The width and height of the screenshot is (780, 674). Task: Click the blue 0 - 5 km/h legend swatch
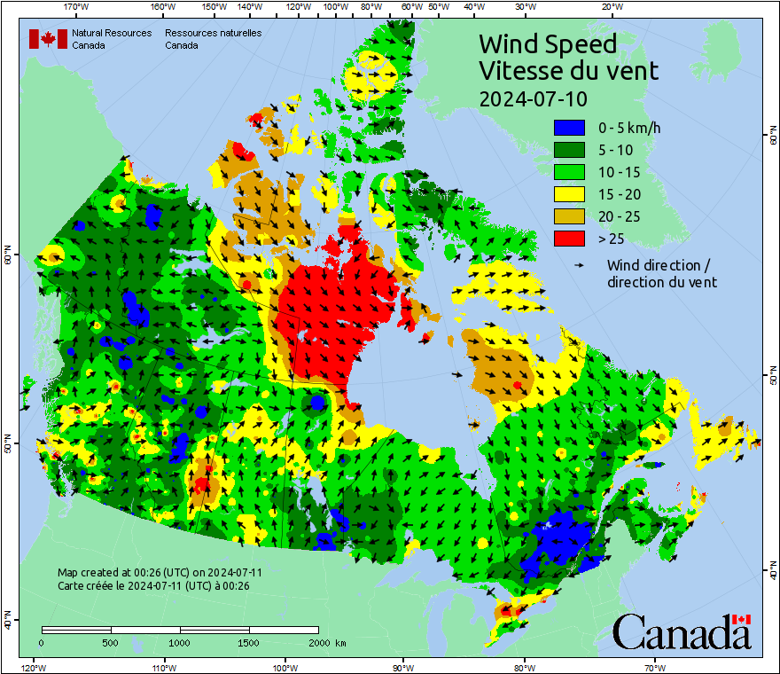569,129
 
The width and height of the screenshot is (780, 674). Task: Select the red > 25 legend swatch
569,239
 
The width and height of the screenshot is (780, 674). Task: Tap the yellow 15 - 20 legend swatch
569,194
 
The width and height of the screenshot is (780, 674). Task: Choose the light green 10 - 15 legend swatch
569,172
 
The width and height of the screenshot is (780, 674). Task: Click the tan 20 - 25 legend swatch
569,216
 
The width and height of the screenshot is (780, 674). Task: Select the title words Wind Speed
547,43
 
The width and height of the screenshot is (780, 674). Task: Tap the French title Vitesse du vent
568,70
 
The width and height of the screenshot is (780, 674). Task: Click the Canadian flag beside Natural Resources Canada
48,39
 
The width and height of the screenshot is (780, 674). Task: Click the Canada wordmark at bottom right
682,632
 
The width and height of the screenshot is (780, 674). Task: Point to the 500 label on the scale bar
111,642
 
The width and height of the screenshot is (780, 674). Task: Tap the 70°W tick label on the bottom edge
654,667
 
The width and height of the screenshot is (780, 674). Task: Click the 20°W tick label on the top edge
610,7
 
